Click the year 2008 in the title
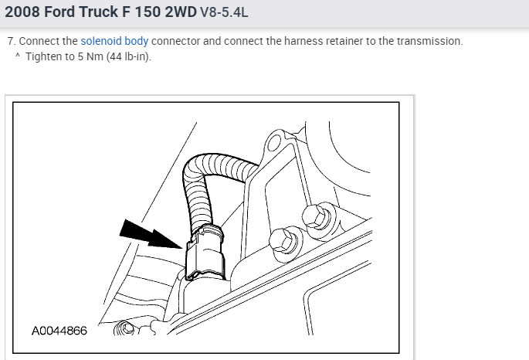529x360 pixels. coord(22,12)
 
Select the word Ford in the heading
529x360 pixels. coord(59,12)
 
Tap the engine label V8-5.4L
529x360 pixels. coord(224,12)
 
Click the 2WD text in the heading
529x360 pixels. coord(181,12)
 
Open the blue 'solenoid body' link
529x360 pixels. coord(114,41)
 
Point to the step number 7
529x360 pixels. coord(12,41)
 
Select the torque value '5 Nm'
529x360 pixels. coord(90,56)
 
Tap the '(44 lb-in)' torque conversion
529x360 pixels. coord(128,56)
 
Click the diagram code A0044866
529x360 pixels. coord(59,331)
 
